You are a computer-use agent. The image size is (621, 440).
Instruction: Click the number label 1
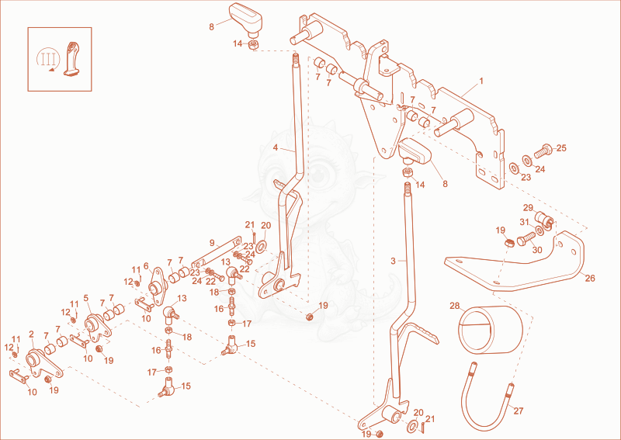tap(481, 81)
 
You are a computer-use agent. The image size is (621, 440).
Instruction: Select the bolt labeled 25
tap(543, 151)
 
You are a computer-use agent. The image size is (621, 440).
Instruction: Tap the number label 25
tap(561, 148)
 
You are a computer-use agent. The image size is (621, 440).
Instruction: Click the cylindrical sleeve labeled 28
tap(491, 330)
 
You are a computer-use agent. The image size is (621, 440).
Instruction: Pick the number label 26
tap(590, 279)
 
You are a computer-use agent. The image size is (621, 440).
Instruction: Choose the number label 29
tap(529, 208)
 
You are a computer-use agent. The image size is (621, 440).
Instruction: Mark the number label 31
tap(525, 222)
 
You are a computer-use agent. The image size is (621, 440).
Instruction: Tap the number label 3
tap(393, 261)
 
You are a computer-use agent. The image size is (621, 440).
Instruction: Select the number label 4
tap(276, 147)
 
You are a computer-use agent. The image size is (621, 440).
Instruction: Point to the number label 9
tap(212, 243)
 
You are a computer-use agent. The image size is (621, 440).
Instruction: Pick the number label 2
tap(31, 334)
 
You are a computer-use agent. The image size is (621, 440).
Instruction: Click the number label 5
tap(86, 297)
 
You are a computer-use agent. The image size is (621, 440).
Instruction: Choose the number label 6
tap(146, 266)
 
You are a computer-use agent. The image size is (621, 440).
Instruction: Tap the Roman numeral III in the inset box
tap(48, 60)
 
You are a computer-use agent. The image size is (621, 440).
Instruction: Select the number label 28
tap(455, 307)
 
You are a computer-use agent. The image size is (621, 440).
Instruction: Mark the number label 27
tap(519, 411)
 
